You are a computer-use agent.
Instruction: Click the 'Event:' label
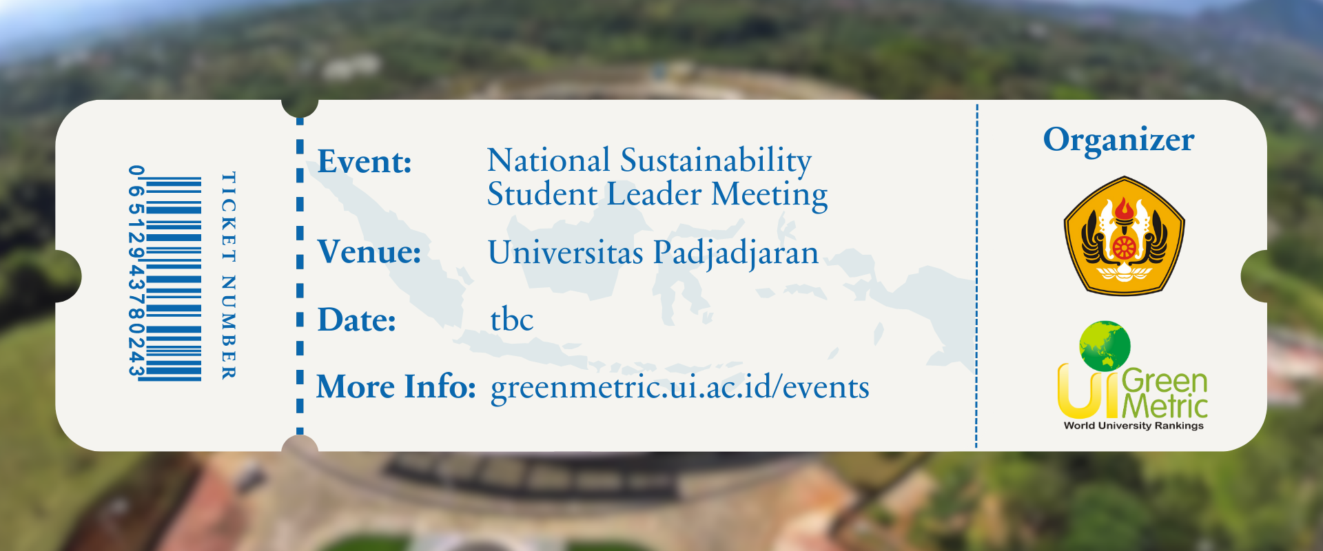pyautogui.click(x=365, y=162)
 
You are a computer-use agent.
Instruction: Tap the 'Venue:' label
pyautogui.click(x=369, y=251)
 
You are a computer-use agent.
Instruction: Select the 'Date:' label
pyautogui.click(x=357, y=320)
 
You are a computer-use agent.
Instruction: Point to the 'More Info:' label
pyautogui.click(x=396, y=386)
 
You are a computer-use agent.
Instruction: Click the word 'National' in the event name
pyautogui.click(x=548, y=160)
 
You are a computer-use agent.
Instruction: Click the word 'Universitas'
pyautogui.click(x=566, y=252)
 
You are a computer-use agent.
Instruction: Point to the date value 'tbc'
pyautogui.click(x=512, y=320)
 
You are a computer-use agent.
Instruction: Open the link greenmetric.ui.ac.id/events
pyautogui.click(x=680, y=387)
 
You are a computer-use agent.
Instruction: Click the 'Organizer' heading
pyautogui.click(x=1118, y=141)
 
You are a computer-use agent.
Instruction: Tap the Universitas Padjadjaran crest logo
pyautogui.click(x=1124, y=236)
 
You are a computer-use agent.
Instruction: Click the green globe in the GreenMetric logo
pyautogui.click(x=1105, y=346)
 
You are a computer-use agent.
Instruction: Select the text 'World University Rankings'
pyautogui.click(x=1134, y=426)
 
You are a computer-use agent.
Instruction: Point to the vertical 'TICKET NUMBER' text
pyautogui.click(x=228, y=275)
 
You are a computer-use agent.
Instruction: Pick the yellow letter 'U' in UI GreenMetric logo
pyautogui.click(x=1078, y=391)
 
